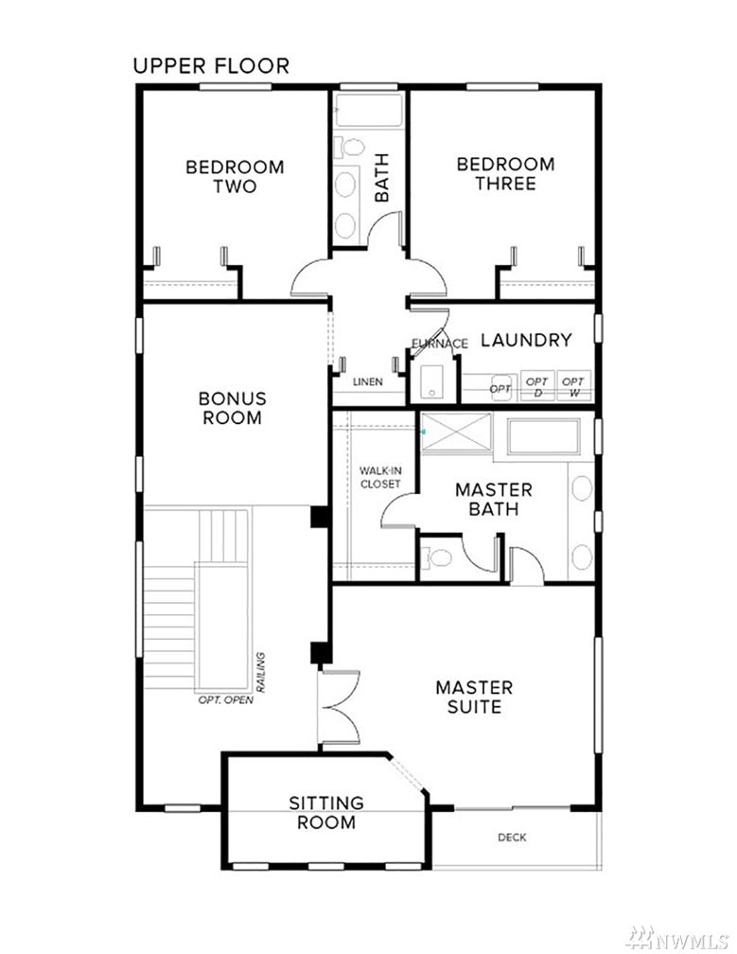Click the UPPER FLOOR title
(211, 65)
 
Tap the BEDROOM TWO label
(235, 176)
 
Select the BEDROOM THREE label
(505, 173)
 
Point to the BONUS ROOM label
(233, 408)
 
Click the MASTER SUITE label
(474, 698)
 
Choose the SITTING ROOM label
(326, 813)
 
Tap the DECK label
(512, 838)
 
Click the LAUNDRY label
(527, 340)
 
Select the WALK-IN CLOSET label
(380, 478)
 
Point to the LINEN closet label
(368, 382)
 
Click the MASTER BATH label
(493, 500)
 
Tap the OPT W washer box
(573, 386)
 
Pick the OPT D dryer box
(537, 386)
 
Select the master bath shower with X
(456, 433)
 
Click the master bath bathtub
(544, 436)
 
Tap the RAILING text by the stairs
(261, 672)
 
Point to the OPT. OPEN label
(225, 700)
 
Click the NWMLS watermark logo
(677, 939)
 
